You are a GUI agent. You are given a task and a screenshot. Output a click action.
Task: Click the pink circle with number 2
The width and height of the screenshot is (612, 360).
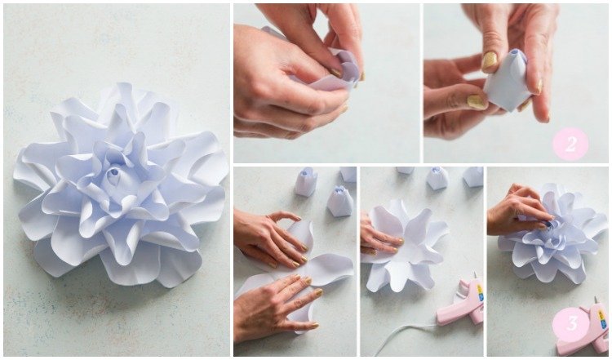point(570,144)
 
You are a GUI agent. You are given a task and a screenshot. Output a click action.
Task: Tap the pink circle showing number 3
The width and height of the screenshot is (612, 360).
point(570,324)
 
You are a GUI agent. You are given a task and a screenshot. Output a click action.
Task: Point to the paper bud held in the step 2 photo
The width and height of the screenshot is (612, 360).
point(506,81)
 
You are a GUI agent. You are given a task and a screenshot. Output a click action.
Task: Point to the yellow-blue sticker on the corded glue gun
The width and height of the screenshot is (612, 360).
point(480,292)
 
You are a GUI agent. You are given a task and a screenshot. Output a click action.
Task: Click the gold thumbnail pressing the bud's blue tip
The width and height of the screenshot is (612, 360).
point(489,60)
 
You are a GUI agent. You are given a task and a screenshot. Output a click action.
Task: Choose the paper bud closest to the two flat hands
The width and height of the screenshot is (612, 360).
point(340,202)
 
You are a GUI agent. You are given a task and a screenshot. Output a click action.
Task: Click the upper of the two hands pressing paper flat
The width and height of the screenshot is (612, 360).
point(269,238)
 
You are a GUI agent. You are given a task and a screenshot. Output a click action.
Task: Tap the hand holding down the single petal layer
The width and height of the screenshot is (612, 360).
point(377,238)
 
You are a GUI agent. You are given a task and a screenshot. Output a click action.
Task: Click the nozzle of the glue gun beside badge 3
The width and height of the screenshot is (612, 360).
point(596,300)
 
